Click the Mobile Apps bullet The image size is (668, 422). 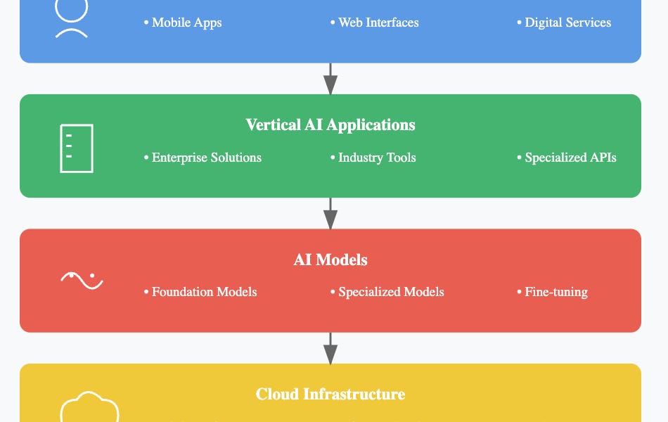[183, 23]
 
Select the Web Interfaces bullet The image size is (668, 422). [375, 23]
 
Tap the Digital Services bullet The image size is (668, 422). [564, 23]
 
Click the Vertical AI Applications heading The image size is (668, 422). [330, 125]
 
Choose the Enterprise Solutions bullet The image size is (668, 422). [203, 158]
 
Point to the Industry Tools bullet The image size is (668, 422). [373, 158]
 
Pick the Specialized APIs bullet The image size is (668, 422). [567, 158]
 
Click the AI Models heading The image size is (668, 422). [330, 260]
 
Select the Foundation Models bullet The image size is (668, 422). [200, 292]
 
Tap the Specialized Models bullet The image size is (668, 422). [387, 292]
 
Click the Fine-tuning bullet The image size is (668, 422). [553, 292]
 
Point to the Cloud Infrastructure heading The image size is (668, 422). [330, 395]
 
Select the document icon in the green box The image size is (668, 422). [77, 148]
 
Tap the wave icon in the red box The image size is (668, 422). [82, 280]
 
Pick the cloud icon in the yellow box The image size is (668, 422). [89, 407]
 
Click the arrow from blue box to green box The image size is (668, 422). [330, 79]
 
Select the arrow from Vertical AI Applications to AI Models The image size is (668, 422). [330, 213]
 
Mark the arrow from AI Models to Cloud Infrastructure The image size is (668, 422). [330, 348]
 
